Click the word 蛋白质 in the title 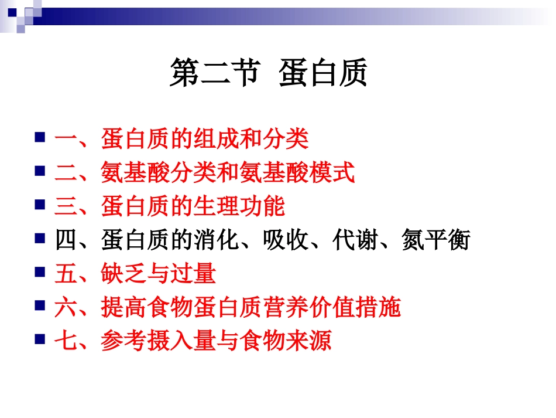[323, 74]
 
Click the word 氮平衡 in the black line [435, 240]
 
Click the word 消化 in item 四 [216, 240]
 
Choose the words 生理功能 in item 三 [239, 206]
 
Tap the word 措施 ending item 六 [378, 307]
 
